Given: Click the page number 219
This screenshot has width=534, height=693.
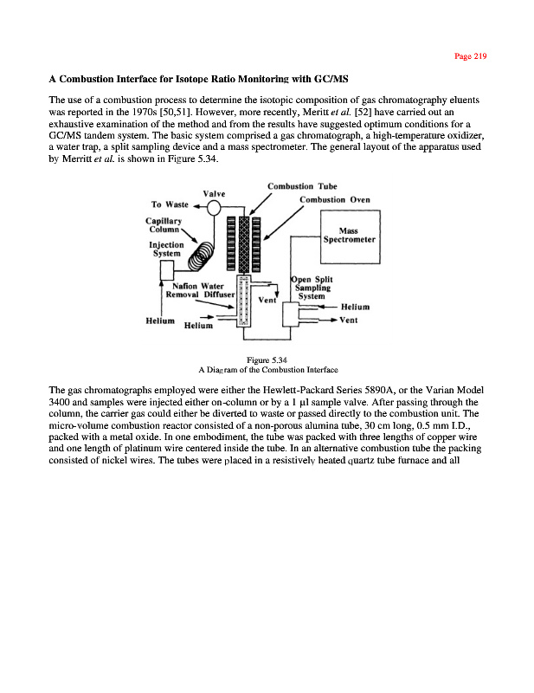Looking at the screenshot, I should tap(471, 56).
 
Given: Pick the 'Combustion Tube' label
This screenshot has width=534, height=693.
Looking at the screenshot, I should tap(297, 185).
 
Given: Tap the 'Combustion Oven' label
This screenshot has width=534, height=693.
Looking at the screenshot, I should tap(334, 199).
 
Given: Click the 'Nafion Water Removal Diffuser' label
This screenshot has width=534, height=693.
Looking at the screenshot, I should tap(195, 289).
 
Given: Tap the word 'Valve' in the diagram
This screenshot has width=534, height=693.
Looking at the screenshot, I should tap(215, 192).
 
